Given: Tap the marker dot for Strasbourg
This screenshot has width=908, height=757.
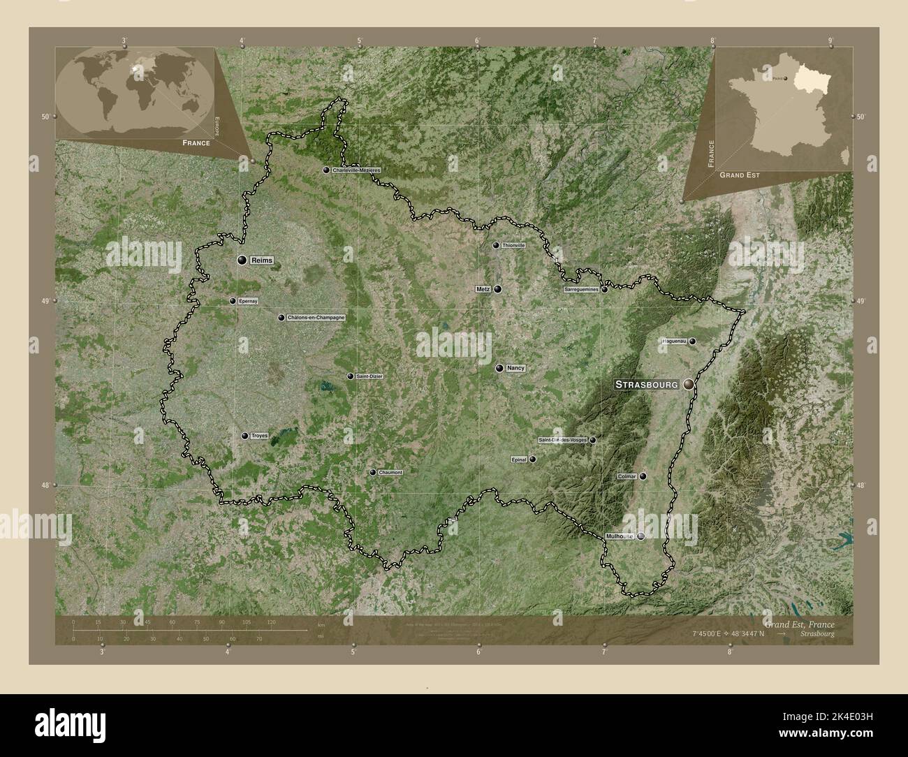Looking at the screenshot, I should click(x=689, y=384).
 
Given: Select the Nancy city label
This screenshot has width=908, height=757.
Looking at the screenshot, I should click(x=515, y=368).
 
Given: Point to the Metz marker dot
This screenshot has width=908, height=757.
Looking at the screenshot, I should click(x=498, y=289).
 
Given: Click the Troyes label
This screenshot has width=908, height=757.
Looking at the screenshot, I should click(x=259, y=436).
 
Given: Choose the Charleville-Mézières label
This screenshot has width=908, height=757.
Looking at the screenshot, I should click(x=356, y=170).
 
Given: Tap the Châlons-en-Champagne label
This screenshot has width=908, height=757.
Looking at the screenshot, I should click(x=316, y=318).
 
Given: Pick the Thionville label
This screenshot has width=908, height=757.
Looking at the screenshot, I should click(x=513, y=246).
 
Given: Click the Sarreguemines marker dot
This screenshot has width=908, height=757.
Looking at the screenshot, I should click(x=604, y=290).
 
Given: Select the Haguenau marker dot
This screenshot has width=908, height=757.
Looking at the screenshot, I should click(x=692, y=341).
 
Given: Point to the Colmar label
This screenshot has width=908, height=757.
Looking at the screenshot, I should click(x=627, y=476).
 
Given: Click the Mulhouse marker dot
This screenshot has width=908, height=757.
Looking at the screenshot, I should click(x=640, y=536).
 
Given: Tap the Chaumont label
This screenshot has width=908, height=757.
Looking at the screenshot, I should click(x=390, y=473).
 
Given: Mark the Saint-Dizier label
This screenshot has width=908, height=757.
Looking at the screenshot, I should click(x=369, y=376).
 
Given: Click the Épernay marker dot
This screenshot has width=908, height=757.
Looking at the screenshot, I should click(x=233, y=301).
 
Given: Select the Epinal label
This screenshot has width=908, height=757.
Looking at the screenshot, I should click(x=519, y=460).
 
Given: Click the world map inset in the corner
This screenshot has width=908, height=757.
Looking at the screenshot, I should click(x=136, y=91).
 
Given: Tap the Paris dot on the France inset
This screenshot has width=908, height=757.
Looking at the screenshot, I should click(x=785, y=79).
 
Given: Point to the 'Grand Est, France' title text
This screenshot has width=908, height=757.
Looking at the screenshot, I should click(x=798, y=622).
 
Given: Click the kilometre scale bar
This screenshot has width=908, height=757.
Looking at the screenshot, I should click(x=189, y=630).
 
